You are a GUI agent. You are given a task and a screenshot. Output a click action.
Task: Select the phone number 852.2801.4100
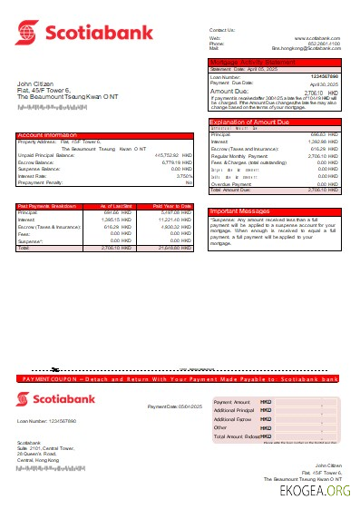tap(322, 43)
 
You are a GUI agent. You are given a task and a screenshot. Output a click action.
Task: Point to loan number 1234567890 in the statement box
tap(325, 77)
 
